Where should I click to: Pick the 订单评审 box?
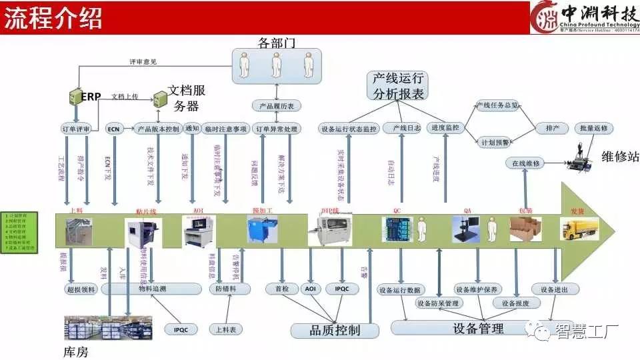click(75, 129)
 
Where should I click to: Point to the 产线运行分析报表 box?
click(398, 86)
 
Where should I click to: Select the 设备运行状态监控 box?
click(349, 129)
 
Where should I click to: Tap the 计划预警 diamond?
click(494, 141)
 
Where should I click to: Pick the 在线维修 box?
click(526, 163)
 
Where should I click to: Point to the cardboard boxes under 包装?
click(525, 231)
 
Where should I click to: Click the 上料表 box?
click(227, 329)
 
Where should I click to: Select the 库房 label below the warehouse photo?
click(75, 351)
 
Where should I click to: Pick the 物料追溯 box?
click(151, 289)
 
